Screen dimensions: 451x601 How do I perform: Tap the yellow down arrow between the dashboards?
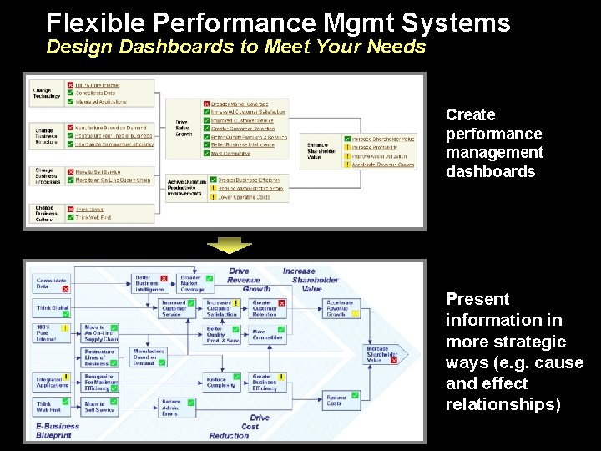229,245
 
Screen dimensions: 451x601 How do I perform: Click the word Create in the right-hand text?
470,115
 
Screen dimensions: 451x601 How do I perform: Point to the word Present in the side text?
477,299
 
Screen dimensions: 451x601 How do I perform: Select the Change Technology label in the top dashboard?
47,93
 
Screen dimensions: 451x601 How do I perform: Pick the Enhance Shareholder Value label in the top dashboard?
323,149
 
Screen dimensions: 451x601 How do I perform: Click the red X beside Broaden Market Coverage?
207,104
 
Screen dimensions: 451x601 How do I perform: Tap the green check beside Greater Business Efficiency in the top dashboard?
213,179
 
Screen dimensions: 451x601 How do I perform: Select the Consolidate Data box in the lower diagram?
51,283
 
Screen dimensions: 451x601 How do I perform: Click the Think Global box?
53,307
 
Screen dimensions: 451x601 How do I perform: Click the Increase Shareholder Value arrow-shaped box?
381,353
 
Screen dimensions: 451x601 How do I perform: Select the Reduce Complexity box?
221,383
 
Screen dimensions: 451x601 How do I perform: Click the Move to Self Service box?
100,407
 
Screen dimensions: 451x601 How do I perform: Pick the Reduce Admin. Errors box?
171,407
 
